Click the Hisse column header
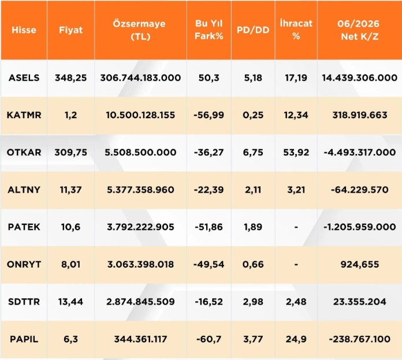click(24, 30)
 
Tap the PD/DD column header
click(253, 30)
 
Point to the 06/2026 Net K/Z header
click(359, 30)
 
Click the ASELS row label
click(24, 77)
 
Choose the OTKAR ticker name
click(24, 152)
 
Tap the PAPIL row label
click(24, 339)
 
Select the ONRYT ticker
click(24, 264)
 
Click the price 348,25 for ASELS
click(71, 77)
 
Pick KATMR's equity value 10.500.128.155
click(140, 115)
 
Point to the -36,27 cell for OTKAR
click(209, 152)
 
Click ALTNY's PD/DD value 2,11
click(253, 190)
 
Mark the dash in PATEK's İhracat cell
click(296, 227)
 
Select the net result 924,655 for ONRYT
click(360, 264)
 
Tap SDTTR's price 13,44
click(71, 302)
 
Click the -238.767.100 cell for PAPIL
click(360, 339)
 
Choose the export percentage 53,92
click(296, 152)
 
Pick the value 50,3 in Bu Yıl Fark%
click(209, 77)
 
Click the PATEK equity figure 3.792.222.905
click(140, 227)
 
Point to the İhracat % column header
click(296, 29)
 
